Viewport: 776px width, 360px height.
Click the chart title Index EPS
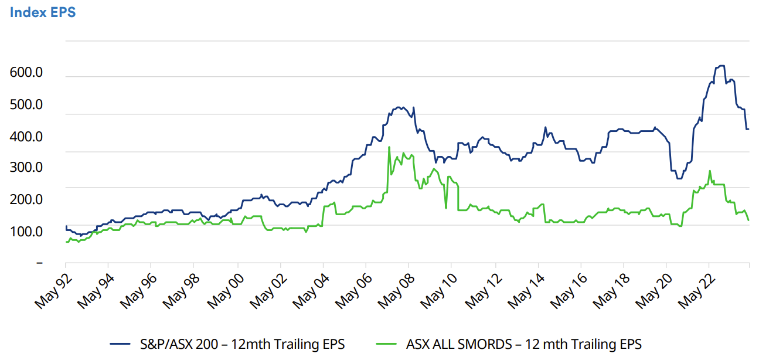tap(42, 12)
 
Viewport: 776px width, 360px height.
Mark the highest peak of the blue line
tap(720, 66)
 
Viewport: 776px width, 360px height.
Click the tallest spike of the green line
tap(389, 147)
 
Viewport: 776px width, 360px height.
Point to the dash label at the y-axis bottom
tap(39, 263)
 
